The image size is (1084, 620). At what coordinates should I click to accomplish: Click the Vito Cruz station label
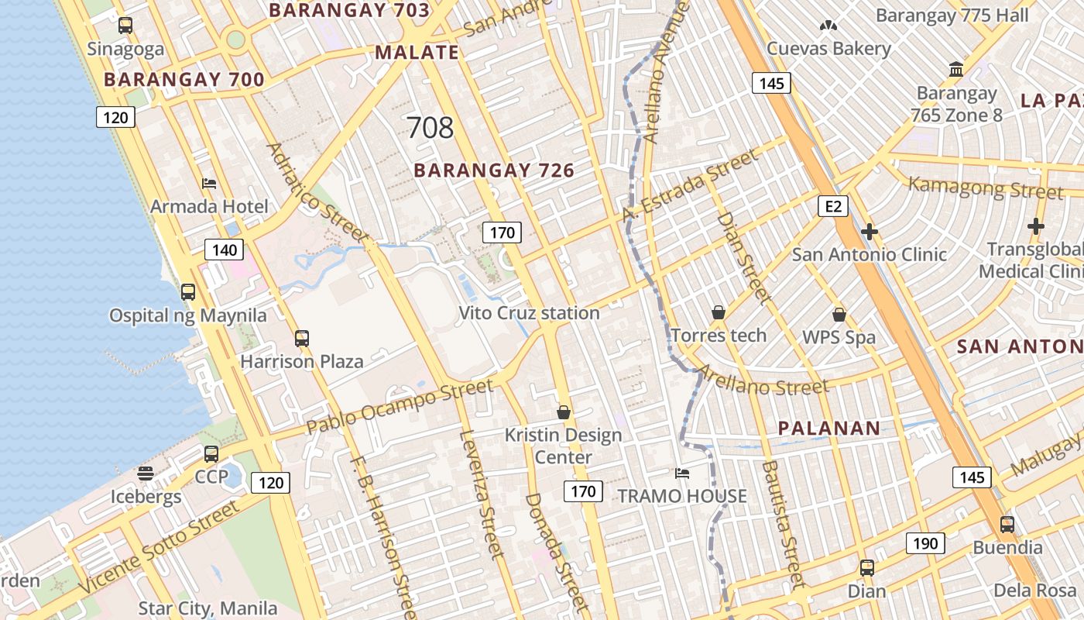point(529,313)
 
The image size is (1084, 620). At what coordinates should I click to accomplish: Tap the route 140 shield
point(225,250)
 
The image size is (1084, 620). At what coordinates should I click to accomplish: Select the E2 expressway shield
point(833,206)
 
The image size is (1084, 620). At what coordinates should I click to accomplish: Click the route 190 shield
point(925,543)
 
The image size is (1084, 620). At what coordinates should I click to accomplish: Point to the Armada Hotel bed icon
point(209,184)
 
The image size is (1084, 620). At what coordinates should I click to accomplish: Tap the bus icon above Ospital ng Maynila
point(188,292)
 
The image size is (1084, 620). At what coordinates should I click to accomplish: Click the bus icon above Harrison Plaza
point(302,339)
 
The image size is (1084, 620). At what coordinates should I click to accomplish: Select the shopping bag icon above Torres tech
point(719,313)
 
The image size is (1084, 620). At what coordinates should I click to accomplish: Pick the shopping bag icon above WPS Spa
point(839,315)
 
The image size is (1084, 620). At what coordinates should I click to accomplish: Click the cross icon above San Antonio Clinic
point(870,232)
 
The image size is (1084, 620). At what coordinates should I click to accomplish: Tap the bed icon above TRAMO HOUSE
point(682,474)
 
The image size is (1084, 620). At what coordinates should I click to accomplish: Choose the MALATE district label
point(417,53)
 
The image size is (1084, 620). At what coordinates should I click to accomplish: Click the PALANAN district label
point(828,428)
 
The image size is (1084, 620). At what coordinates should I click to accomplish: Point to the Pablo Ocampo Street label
point(400,407)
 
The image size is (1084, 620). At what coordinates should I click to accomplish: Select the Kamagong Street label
point(985,188)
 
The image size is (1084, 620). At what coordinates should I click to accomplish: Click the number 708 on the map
point(430,128)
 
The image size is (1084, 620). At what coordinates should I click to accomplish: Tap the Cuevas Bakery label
point(828,49)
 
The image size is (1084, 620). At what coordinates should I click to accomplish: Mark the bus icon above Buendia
point(1007,525)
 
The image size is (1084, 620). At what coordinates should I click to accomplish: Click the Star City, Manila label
point(208,608)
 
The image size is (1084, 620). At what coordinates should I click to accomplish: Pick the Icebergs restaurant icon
point(146,473)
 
